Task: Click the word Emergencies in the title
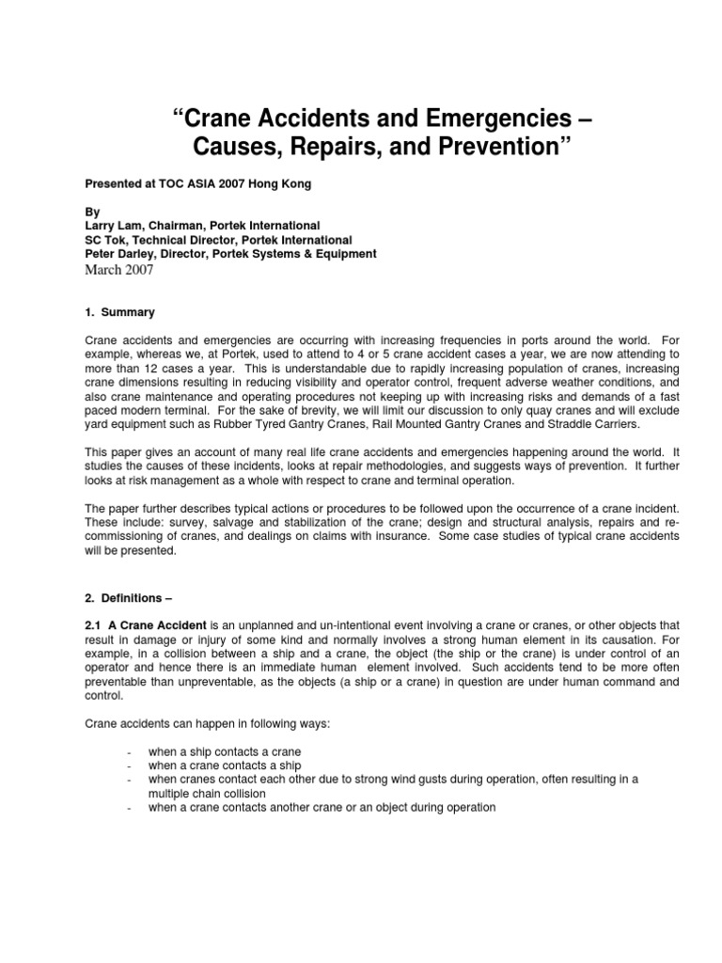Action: click(475, 119)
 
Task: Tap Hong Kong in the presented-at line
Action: click(282, 184)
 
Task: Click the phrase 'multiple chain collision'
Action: click(206, 793)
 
